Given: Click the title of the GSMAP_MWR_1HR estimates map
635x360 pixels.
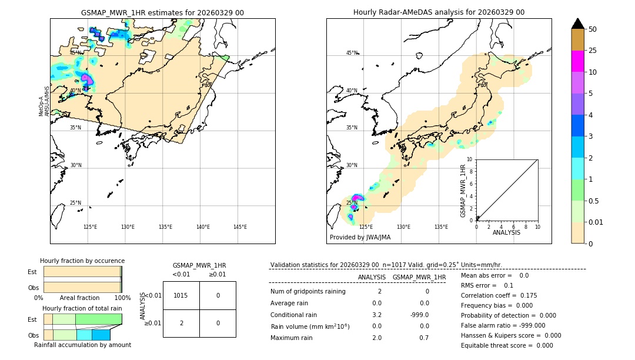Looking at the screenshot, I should pyautogui.click(x=162, y=12).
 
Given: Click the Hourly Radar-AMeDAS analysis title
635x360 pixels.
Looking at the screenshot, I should pyautogui.click(x=439, y=12).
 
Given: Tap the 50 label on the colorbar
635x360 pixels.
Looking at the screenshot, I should pyautogui.click(x=593, y=29).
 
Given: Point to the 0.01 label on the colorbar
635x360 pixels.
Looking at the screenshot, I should pyautogui.click(x=596, y=222).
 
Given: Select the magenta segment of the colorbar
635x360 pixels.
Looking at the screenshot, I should pyautogui.click(x=577, y=61).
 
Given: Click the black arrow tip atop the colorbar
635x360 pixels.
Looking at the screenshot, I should pyautogui.click(x=577, y=23).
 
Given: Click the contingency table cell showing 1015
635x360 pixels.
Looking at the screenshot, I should pyautogui.click(x=181, y=295).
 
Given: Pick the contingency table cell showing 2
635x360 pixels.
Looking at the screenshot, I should pyautogui.click(x=181, y=323).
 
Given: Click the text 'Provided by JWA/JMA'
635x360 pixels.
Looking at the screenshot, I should pyautogui.click(x=360, y=237).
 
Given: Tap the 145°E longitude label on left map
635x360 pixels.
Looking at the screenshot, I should pyautogui.click(x=240, y=227).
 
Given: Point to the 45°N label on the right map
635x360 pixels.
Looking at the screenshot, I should pyautogui.click(x=352, y=54).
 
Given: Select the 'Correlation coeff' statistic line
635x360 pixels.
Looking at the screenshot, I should pyautogui.click(x=499, y=295).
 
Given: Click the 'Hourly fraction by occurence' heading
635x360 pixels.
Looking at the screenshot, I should pyautogui.click(x=82, y=261).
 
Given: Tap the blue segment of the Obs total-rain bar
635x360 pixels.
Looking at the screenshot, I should pyautogui.click(x=101, y=335).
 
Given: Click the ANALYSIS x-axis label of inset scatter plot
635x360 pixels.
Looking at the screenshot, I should pyautogui.click(x=506, y=233).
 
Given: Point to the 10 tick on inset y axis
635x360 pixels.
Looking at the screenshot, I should pyautogui.click(x=470, y=159).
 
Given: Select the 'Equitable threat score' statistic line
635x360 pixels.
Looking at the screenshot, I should pyautogui.click(x=507, y=345).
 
